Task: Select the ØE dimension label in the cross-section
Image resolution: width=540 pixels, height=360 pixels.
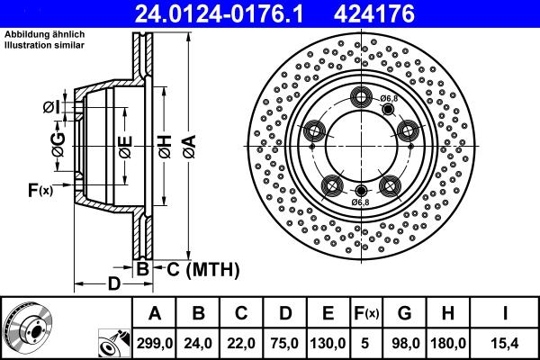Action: [125, 145]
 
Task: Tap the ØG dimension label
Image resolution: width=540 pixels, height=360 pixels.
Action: [58, 145]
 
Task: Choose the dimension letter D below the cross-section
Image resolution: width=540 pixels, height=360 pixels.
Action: [114, 284]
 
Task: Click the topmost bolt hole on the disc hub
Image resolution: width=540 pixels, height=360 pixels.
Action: [364, 98]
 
